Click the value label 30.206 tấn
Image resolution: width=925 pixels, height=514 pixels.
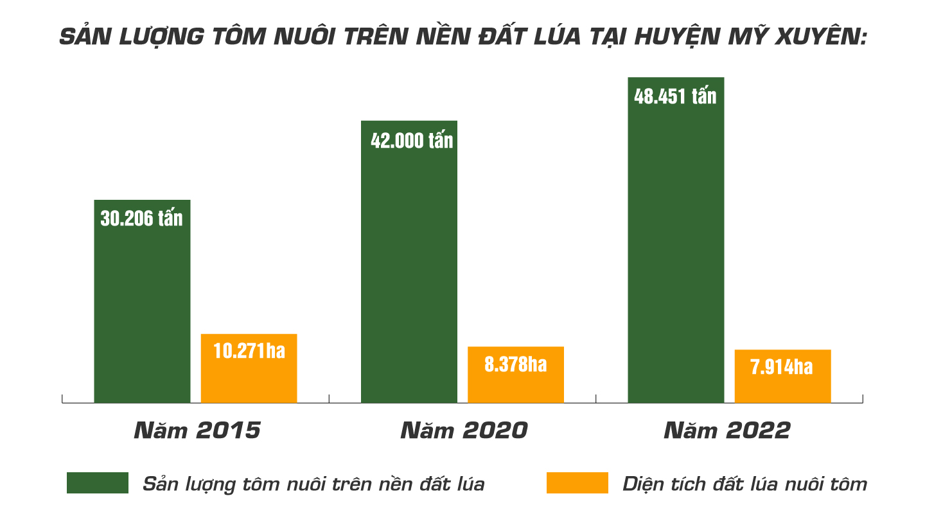click(x=141, y=218)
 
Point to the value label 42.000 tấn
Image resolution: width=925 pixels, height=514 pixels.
click(x=412, y=140)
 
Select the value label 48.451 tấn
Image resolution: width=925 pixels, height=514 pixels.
click(x=675, y=96)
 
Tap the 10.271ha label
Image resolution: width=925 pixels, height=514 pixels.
click(x=249, y=351)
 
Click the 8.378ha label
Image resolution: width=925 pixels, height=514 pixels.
click(x=516, y=364)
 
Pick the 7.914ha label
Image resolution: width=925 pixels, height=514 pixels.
click(x=782, y=367)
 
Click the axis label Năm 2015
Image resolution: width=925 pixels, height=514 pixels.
click(x=197, y=430)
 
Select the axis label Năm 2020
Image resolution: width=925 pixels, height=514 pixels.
click(x=463, y=430)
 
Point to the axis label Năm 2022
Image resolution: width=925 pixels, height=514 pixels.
click(x=727, y=430)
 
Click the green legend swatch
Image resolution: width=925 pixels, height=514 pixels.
click(x=98, y=483)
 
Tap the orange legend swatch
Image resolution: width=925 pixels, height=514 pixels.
click(x=577, y=483)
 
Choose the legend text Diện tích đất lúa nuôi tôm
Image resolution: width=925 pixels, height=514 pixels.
click(x=745, y=483)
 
